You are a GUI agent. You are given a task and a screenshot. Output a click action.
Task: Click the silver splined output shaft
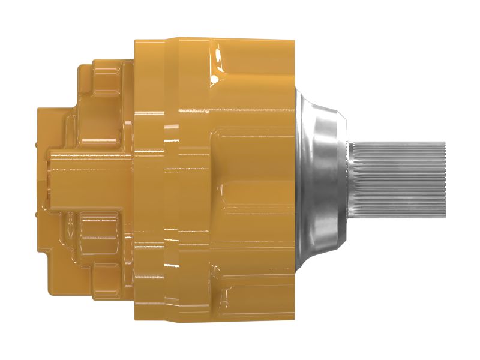click(399, 180)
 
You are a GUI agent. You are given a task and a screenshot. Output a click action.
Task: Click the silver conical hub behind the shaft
click(321, 180)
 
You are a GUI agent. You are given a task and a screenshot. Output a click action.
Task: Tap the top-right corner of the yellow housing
click(293, 41)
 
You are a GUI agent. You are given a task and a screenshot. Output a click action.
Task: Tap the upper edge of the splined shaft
click(399, 142)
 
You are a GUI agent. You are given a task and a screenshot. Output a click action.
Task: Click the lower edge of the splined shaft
click(399, 218)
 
